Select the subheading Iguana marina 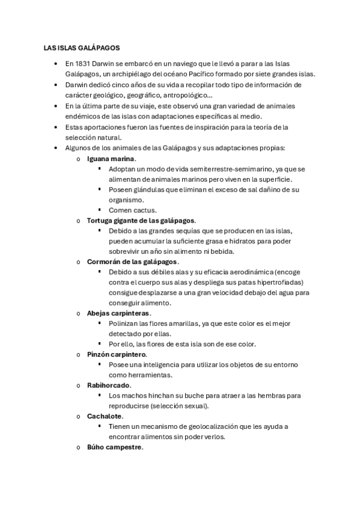pos(111,158)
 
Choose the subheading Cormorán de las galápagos pos(132,262)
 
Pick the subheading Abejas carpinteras pos(118,313)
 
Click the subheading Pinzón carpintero pos(117,354)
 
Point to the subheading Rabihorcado pos(109,385)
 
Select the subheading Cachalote pos(105,416)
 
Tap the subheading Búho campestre pos(114,447)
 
